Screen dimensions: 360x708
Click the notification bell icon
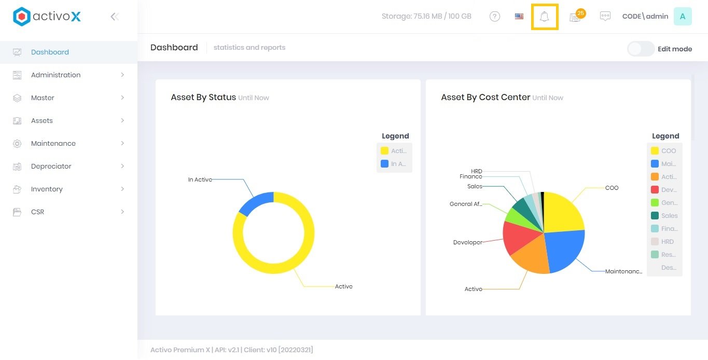(544, 17)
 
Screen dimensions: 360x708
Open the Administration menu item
(55, 75)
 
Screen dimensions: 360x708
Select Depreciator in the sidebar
(51, 166)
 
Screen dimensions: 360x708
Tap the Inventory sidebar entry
(47, 189)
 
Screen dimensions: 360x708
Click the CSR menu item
(37, 212)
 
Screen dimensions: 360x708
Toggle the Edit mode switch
(641, 49)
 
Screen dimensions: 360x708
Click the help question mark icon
(495, 17)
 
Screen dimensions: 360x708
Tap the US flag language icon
(519, 17)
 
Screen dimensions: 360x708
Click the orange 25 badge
(580, 13)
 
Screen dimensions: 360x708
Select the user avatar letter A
(683, 17)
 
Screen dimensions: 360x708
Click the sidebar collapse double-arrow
(115, 17)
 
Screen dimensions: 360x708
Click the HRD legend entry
(667, 242)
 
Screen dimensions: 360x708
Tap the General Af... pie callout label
(466, 204)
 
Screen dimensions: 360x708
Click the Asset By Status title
(203, 97)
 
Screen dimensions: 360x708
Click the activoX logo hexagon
(21, 17)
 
